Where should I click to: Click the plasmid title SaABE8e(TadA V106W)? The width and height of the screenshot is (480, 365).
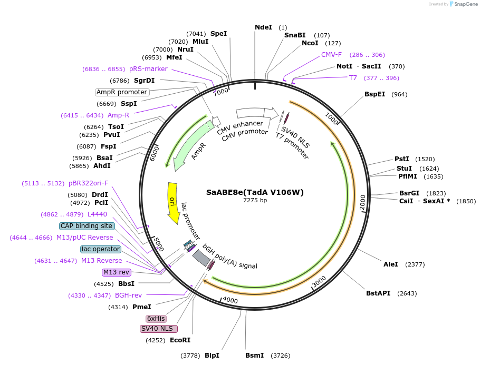pyautogui.click(x=255, y=192)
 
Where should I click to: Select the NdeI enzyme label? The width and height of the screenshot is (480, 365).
pyautogui.click(x=263, y=27)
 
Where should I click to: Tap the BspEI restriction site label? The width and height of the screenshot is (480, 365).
pyautogui.click(x=375, y=94)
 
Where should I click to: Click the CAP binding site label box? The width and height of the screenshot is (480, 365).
pyautogui.click(x=87, y=226)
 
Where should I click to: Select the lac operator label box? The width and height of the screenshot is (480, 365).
pyautogui.click(x=101, y=249)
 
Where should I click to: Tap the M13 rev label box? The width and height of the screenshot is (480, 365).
pyautogui.click(x=117, y=272)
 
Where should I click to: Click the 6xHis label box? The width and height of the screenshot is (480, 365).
pyautogui.click(x=156, y=319)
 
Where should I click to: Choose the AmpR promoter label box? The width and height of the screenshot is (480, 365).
pyautogui.click(x=122, y=92)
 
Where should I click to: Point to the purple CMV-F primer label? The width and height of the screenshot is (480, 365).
pyautogui.click(x=331, y=55)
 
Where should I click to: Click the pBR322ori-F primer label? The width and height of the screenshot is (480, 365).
pyautogui.click(x=89, y=183)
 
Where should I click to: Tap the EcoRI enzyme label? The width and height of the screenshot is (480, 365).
pyautogui.click(x=180, y=340)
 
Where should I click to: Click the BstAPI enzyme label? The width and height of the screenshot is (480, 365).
pyautogui.click(x=378, y=293)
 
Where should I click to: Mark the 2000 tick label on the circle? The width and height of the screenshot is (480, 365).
pyautogui.click(x=362, y=202)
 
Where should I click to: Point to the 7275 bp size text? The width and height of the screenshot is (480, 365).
pyautogui.click(x=255, y=200)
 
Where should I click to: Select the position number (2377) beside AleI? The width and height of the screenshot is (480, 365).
pyautogui.click(x=415, y=264)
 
